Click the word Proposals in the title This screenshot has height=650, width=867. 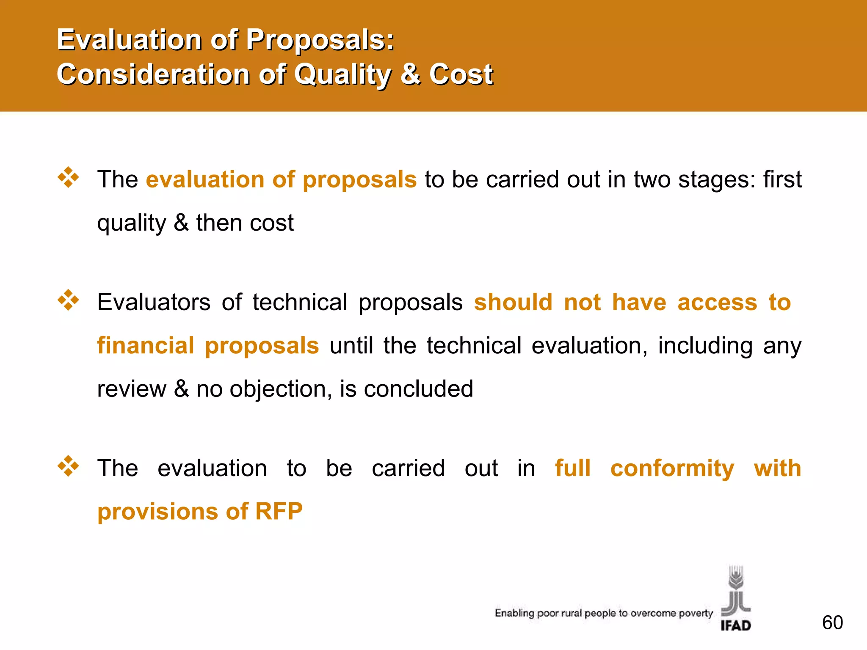pos(320,40)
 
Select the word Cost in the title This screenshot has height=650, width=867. pos(461,74)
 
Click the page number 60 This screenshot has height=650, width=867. pos(832,622)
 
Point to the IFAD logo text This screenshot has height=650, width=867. pos(736,625)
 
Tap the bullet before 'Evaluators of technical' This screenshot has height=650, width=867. pos(68,300)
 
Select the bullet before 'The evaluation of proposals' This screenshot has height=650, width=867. pos(68,177)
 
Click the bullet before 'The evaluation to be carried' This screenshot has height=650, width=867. pos(68,466)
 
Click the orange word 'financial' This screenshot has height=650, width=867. pos(146,345)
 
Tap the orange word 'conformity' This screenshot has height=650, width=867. pos(672,469)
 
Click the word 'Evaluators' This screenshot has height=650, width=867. pos(154,302)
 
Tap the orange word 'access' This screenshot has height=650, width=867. pos(717,302)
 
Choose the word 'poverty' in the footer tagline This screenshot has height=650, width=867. pos(696,613)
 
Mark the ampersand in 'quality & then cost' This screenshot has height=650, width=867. pos(181,223)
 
